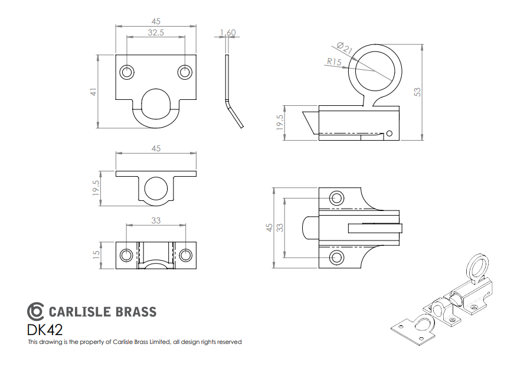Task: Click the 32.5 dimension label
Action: pyautogui.click(x=156, y=33)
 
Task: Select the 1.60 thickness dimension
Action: pyautogui.click(x=228, y=33)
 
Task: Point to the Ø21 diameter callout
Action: pyautogui.click(x=344, y=48)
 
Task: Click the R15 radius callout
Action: pyautogui.click(x=334, y=61)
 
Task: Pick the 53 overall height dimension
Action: pyautogui.click(x=417, y=92)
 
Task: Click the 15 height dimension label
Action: pyautogui.click(x=96, y=254)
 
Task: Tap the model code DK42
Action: pyautogui.click(x=45, y=330)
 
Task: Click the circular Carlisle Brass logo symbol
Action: pyautogui.click(x=35, y=311)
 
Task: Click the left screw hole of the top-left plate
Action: pyautogui.click(x=127, y=72)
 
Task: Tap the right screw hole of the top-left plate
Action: pyautogui.click(x=185, y=72)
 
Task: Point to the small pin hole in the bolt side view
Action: pyautogui.click(x=389, y=134)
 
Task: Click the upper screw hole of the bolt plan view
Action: pyautogui.click(x=336, y=198)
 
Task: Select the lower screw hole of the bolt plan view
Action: pyautogui.click(x=336, y=258)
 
